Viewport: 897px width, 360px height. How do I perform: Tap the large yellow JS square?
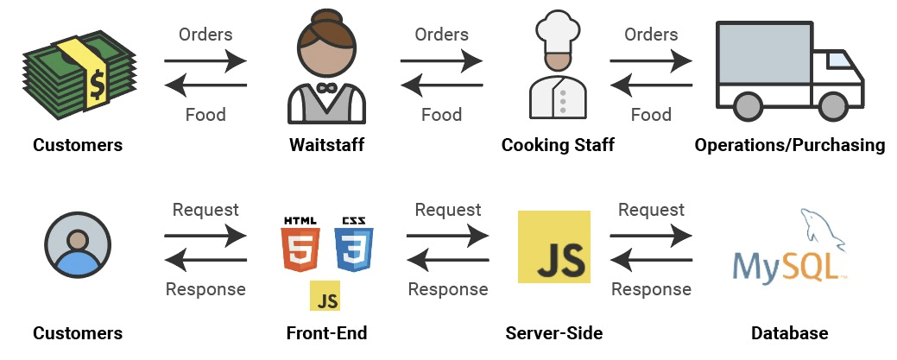553,246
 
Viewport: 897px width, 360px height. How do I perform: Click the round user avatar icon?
78,245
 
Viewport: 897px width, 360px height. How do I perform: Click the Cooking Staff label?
558,145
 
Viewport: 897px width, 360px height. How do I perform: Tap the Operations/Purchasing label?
789,145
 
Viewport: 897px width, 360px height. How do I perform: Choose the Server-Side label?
553,333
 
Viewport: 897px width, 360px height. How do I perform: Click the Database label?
789,333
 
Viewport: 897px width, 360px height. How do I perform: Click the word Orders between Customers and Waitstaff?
205,35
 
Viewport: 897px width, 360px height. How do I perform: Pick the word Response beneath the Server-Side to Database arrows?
651,289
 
